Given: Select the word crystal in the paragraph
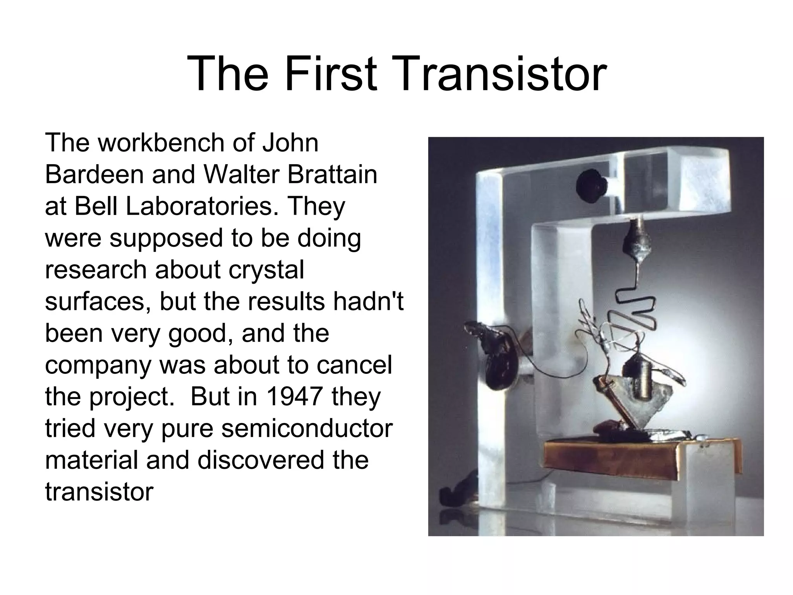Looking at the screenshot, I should click(266, 270).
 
